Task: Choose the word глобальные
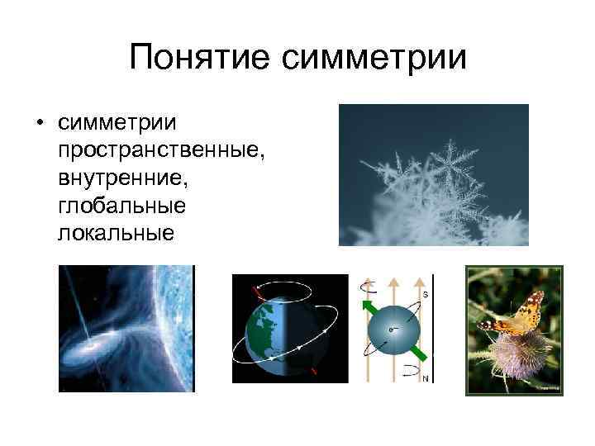point(121,205)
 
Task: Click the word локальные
point(116,232)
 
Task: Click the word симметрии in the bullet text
point(118,123)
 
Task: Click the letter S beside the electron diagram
point(426,294)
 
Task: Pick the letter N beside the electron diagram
point(425,379)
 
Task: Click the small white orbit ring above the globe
point(285,292)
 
